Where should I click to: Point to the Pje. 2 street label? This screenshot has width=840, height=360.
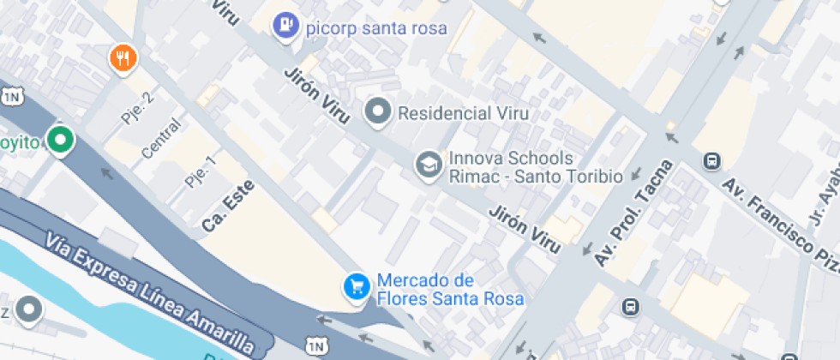pos(137,107)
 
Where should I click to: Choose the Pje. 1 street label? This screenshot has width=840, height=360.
pos(200,171)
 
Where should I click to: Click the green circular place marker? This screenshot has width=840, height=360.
pos(59,141)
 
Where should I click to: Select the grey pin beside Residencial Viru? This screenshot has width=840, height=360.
pos(377,111)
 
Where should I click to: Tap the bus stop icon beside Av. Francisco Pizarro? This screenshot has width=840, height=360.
pos(711,160)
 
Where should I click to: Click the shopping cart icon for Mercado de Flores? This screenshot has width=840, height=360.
pos(356,287)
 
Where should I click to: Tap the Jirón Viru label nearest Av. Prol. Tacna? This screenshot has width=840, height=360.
pos(525,229)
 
